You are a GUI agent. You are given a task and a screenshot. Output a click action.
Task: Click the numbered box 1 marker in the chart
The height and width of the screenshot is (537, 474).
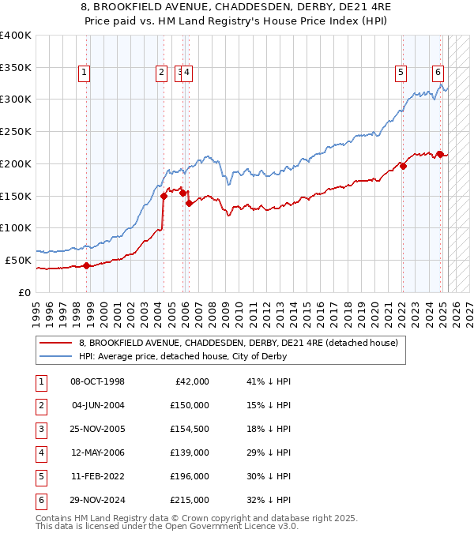(84, 73)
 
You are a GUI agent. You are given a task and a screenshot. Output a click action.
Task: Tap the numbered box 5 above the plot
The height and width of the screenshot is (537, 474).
(401, 73)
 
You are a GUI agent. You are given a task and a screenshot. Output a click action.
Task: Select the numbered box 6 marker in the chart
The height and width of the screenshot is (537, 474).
(438, 73)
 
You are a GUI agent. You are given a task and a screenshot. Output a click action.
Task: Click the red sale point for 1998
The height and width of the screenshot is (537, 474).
(86, 265)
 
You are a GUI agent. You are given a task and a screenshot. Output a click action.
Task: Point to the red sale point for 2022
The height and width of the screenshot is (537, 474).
(403, 166)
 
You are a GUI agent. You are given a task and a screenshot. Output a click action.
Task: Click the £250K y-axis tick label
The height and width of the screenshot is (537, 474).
(16, 132)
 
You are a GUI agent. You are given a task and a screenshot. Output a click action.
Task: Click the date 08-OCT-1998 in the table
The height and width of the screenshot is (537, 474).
(97, 381)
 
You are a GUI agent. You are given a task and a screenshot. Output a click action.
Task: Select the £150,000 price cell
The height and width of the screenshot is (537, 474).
(190, 405)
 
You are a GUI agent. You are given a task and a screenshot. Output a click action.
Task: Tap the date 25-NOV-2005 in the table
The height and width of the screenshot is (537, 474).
(97, 429)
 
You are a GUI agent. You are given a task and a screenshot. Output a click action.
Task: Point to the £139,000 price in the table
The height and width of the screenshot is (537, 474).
(190, 453)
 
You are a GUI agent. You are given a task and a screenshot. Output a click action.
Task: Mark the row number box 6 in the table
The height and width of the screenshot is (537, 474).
(39, 500)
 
